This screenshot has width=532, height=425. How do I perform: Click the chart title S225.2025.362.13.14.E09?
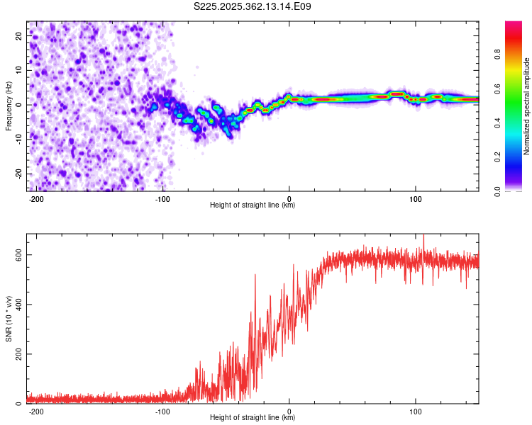click(x=253, y=6)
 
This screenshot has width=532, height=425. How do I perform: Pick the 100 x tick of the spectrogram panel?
click(x=415, y=198)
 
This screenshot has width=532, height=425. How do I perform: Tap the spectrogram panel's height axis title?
click(x=253, y=205)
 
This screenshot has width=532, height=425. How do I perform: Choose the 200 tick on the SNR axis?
click(x=17, y=354)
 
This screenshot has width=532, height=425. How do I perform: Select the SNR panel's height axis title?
click(x=253, y=418)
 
